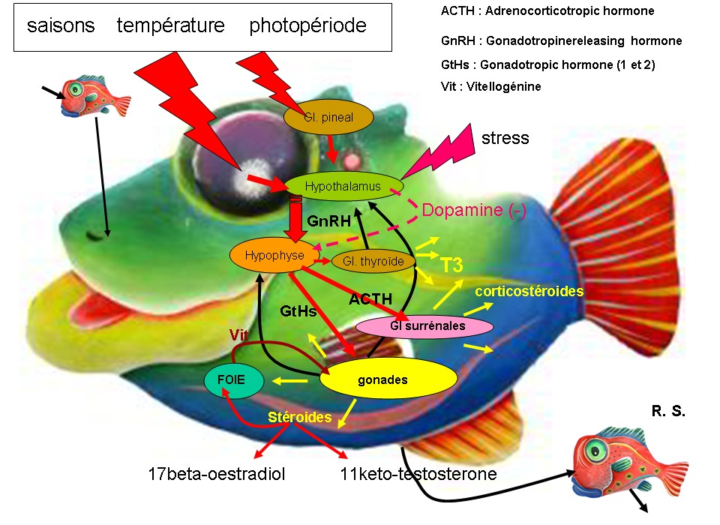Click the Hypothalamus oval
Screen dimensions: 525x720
tap(344, 185)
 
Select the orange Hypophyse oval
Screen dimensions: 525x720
tap(268, 256)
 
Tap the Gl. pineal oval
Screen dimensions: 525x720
tap(328, 117)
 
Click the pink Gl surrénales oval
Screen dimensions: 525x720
tap(424, 326)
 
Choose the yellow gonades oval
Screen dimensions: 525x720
tap(388, 379)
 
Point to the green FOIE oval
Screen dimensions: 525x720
tap(234, 380)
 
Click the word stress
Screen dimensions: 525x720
tap(505, 138)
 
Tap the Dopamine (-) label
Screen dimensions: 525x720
tap(473, 211)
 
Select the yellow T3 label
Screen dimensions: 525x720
tap(451, 265)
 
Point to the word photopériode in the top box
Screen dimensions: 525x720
tap(307, 25)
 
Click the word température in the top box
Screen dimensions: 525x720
tap(171, 25)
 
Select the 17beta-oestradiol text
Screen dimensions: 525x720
tap(217, 474)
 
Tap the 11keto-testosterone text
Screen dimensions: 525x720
tap(418, 474)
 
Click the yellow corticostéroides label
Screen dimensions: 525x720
tap(529, 291)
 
